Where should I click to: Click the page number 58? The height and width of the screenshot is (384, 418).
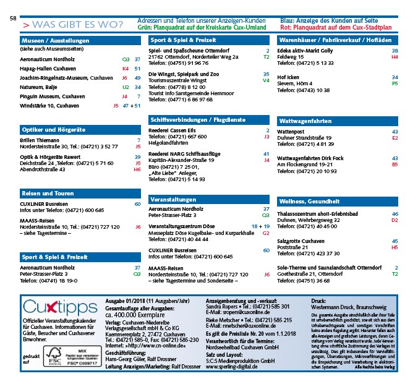14,19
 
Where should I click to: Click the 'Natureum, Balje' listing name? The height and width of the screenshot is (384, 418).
40,88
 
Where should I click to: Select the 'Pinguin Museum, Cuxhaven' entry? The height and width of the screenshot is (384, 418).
53,96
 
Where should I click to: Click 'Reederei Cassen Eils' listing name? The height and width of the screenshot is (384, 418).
176,130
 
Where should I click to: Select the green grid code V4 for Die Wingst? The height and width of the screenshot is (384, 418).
267,80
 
